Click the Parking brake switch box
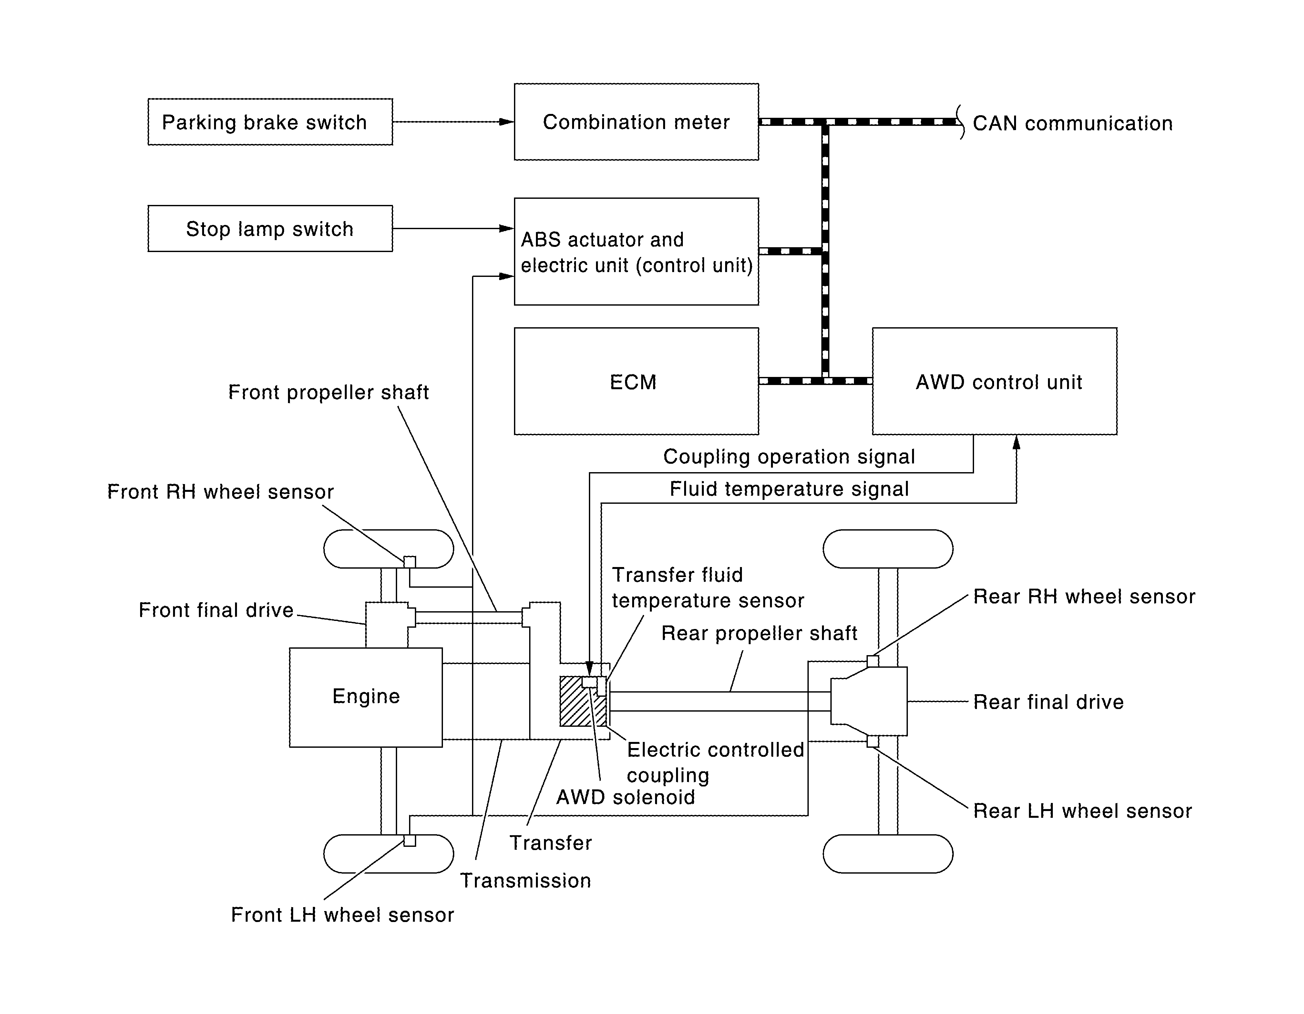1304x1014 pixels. (x=270, y=122)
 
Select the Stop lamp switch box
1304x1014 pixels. (x=270, y=228)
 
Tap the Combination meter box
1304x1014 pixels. (x=636, y=122)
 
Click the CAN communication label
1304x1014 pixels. (x=1072, y=124)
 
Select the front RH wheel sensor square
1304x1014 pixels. (x=410, y=562)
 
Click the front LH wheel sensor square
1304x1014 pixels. (x=410, y=840)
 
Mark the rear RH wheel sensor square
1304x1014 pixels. (x=872, y=661)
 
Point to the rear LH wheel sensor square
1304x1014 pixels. (x=872, y=741)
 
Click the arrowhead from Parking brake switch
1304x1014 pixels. (x=506, y=122)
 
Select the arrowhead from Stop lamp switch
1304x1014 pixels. (x=506, y=228)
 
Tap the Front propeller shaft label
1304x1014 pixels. (x=328, y=392)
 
